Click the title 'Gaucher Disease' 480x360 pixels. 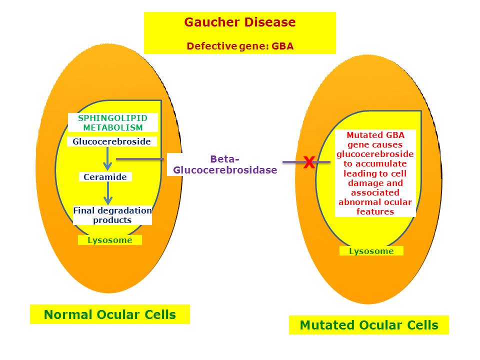239,22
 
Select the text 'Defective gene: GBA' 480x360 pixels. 239,46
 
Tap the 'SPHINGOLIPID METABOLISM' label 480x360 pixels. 113,122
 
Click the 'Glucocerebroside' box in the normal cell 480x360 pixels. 111,141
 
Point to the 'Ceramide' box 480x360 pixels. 105,177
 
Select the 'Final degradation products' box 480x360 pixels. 112,215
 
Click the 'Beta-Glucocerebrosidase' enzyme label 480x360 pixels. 224,164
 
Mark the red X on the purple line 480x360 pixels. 309,162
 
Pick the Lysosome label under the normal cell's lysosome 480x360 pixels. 110,240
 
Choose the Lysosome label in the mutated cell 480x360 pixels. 371,251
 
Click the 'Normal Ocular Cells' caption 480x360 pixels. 110,314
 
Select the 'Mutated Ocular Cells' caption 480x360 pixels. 369,325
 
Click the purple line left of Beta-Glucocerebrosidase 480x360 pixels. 140,159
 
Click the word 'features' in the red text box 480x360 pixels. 375,211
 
